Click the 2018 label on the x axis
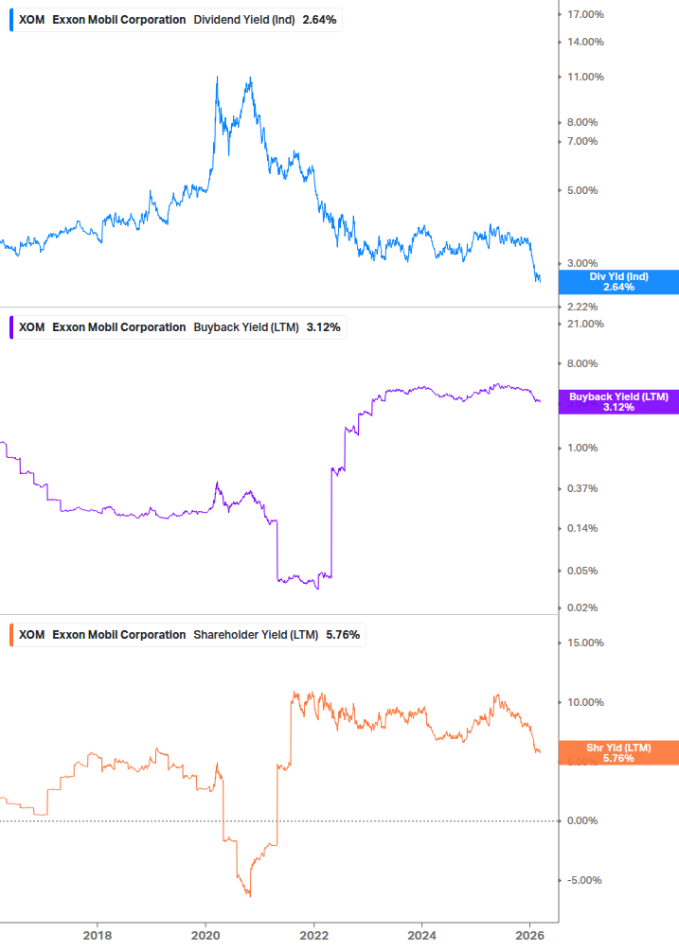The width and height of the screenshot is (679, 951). coord(97,936)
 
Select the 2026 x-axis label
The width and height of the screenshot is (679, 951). coord(529,936)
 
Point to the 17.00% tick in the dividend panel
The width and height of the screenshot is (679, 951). coord(585,14)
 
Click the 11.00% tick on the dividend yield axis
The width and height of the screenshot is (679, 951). coord(585,77)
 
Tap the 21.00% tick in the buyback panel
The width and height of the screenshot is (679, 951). coord(585,325)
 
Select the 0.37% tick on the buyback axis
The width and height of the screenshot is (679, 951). coord(582,488)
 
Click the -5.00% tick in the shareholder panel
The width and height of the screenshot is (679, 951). coord(583,880)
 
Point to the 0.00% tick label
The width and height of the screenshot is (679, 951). coord(582,820)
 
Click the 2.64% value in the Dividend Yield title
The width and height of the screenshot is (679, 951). coord(319,20)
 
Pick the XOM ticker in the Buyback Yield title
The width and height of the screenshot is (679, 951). coord(31,327)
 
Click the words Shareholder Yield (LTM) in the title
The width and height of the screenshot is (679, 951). coord(256,635)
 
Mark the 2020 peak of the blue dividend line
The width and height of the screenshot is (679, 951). coord(218,77)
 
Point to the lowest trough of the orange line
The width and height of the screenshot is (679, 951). coord(249,895)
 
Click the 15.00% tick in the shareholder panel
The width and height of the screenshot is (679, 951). coord(585,643)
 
